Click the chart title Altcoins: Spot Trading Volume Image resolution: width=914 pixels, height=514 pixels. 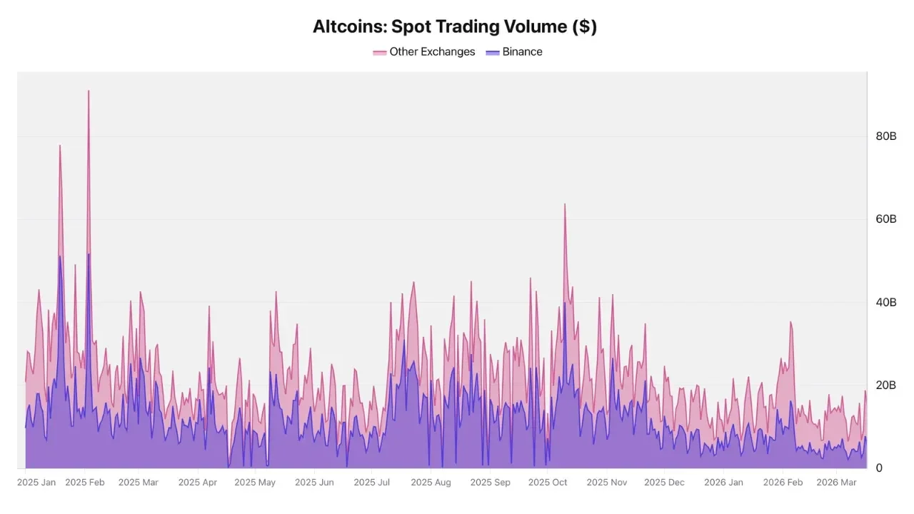pos(455,26)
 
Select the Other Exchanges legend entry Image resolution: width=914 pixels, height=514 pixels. pos(432,52)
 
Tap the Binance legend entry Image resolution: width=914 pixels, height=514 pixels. pos(522,52)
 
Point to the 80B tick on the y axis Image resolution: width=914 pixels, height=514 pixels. pos(885,136)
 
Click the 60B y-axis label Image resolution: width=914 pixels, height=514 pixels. pos(885,219)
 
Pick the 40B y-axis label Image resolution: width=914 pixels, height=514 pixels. pos(885,303)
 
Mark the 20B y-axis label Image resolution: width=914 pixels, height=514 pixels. pos(885,385)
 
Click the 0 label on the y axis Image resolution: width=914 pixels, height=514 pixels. pos(879,468)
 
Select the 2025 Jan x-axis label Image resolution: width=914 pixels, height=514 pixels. pos(36,483)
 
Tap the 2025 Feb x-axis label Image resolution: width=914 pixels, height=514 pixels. pos(85,483)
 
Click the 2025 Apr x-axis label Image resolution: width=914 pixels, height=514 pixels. pos(198,483)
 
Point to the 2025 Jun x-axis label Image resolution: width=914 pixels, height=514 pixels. pos(314,483)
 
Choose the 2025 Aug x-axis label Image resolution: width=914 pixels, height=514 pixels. pos(431,483)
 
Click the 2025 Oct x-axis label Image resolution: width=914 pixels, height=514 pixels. pos(548,483)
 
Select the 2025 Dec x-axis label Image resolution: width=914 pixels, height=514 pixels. pos(664,483)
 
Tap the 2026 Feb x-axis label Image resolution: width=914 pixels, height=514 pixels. pos(783,483)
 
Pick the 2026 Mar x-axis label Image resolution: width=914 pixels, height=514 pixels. pos(836,483)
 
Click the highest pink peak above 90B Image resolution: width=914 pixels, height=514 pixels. pos(89,91)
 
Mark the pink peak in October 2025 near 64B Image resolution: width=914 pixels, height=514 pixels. pos(565,205)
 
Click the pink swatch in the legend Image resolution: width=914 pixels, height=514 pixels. pos(380,52)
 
